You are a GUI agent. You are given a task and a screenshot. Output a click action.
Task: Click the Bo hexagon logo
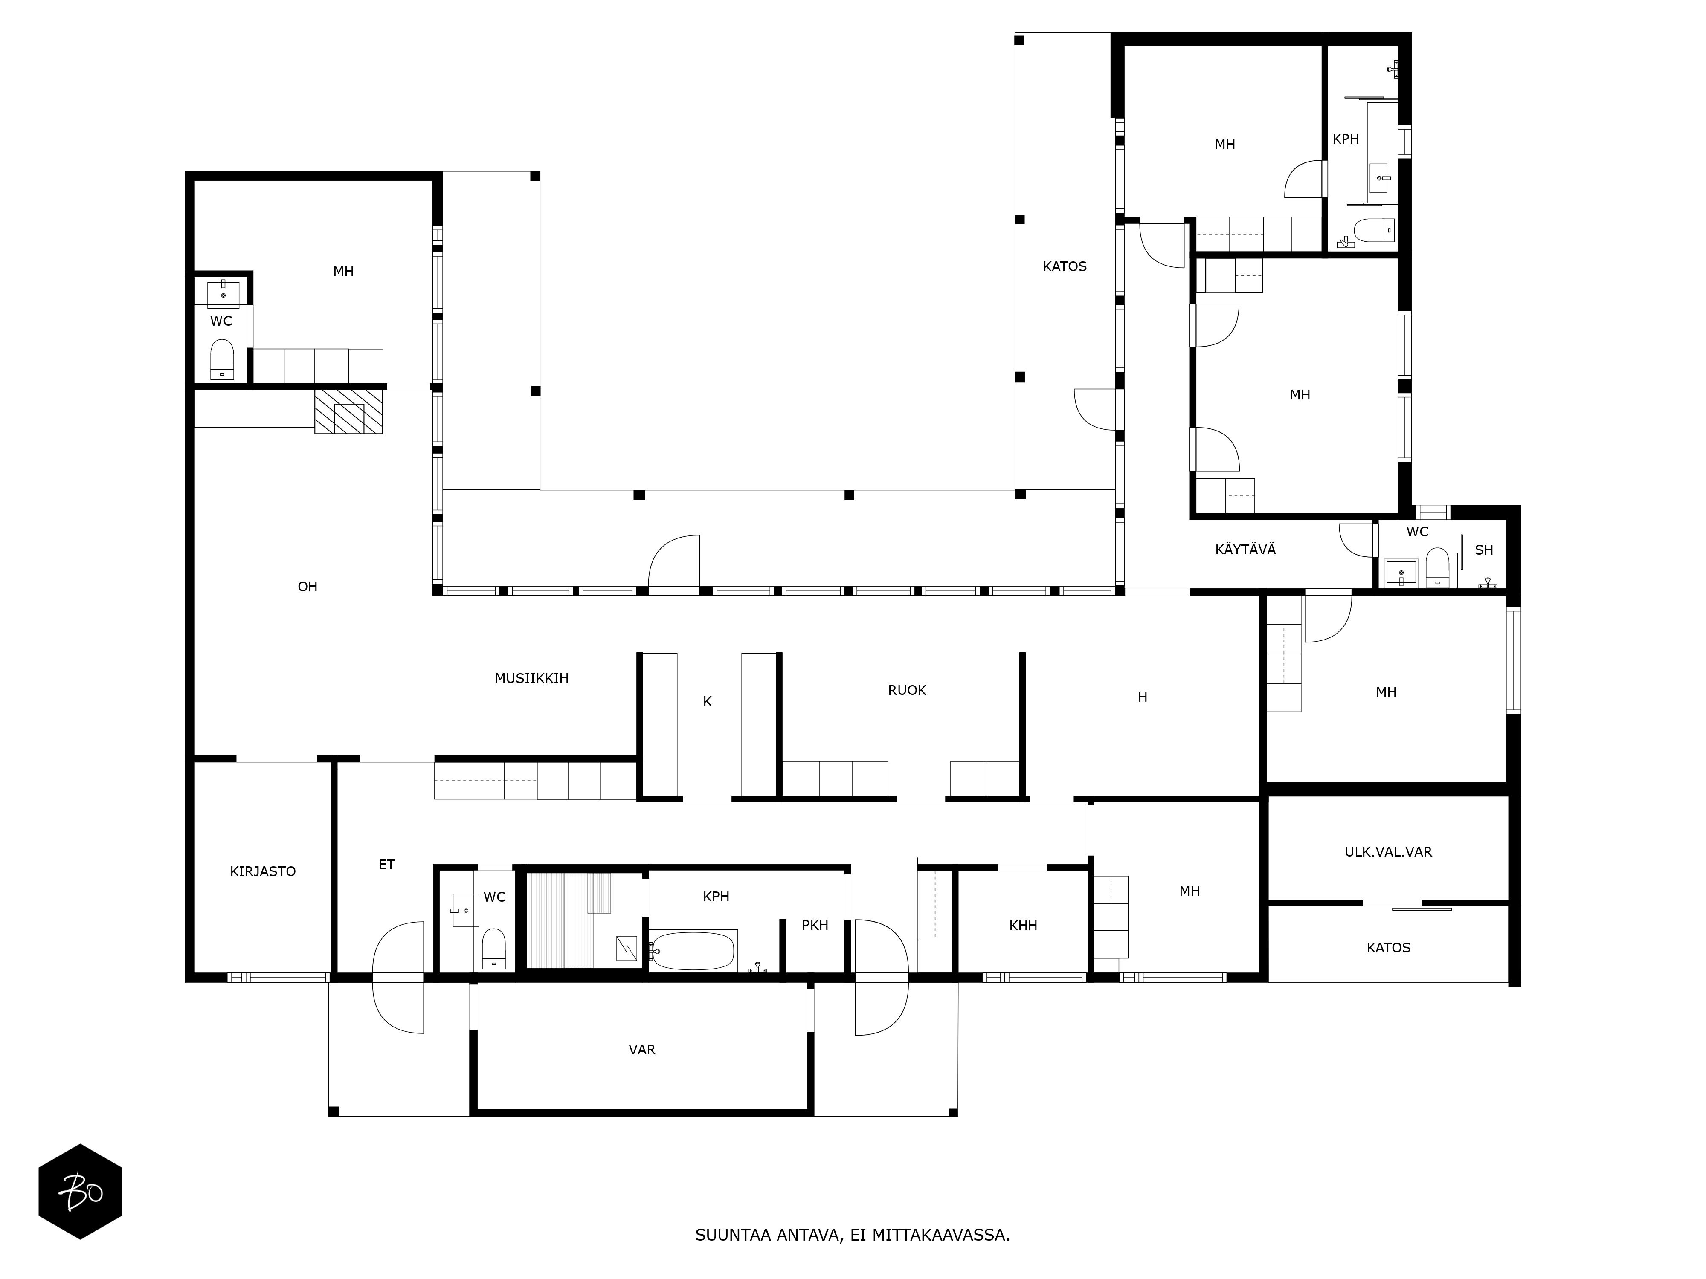click(80, 1191)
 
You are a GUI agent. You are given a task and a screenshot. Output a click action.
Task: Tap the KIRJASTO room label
click(263, 871)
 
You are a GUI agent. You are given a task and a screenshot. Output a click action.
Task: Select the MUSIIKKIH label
click(531, 678)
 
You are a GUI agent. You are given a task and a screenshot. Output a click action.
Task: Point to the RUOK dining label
click(907, 690)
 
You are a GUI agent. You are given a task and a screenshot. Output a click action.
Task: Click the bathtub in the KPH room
click(693, 951)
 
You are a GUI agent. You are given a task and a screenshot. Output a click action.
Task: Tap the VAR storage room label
click(642, 1049)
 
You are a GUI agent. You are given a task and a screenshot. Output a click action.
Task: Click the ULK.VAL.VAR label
click(1388, 852)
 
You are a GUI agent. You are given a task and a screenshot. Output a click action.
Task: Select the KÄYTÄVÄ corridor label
click(1245, 549)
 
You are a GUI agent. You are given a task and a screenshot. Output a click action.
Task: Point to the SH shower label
click(1484, 550)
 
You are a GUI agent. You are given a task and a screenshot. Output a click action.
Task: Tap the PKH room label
click(815, 925)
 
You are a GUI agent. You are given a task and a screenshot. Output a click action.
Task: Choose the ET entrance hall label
click(386, 865)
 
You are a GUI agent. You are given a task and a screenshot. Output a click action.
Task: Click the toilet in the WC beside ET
click(493, 948)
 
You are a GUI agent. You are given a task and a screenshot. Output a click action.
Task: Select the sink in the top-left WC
click(223, 294)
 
